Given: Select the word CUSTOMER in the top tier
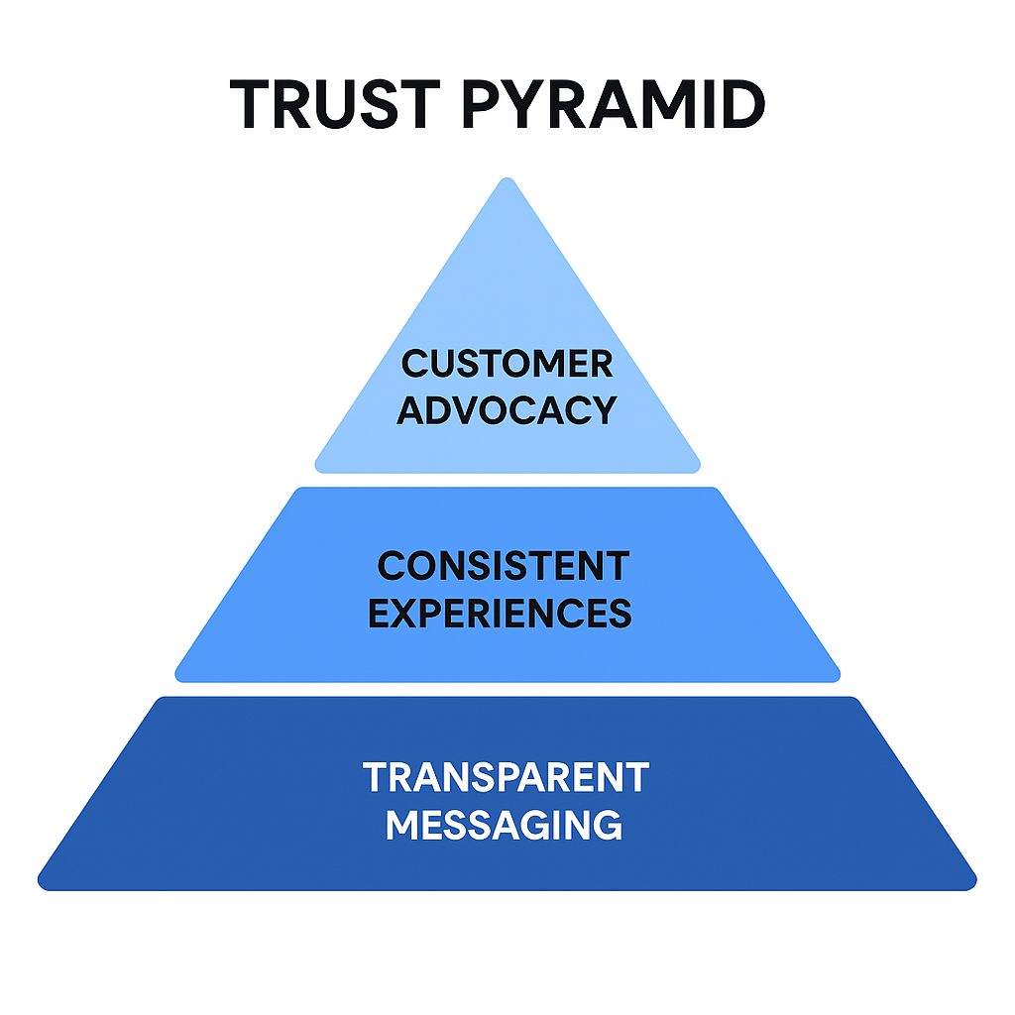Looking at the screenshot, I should [x=507, y=364].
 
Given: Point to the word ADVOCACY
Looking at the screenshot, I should [x=507, y=409].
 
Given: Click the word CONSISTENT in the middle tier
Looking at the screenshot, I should [x=503, y=567].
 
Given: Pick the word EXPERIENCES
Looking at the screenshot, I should [x=501, y=614].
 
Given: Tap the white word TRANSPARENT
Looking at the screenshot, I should [x=506, y=778].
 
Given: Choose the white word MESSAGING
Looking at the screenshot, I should [x=505, y=825].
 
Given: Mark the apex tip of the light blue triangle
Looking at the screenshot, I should [x=507, y=181].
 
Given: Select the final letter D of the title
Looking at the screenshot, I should [x=739, y=104].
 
